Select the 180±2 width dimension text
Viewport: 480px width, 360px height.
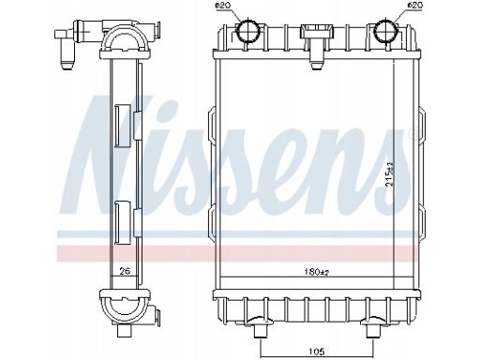[x=317, y=272]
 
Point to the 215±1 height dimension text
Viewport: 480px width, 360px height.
[x=390, y=175]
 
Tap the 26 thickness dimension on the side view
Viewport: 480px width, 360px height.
[x=125, y=271]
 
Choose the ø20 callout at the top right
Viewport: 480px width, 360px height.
[x=414, y=6]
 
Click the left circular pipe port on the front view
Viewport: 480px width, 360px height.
[x=247, y=31]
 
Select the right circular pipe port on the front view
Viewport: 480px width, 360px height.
[x=386, y=31]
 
